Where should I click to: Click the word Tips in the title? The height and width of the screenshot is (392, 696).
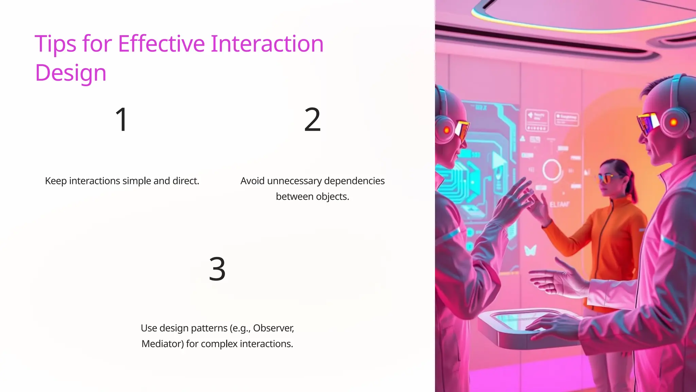point(55,44)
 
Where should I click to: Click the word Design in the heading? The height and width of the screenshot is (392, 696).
point(71,73)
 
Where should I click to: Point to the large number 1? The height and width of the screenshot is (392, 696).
point(121,119)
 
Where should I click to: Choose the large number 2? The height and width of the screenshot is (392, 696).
point(312,119)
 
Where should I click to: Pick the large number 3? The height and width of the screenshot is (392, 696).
point(217,269)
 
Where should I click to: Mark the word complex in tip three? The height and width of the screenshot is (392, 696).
point(219,344)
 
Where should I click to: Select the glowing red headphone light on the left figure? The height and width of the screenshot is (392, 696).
point(447,130)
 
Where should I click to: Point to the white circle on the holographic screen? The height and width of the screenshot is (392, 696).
point(552,169)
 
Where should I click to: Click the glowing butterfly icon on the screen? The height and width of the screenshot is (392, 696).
point(530,250)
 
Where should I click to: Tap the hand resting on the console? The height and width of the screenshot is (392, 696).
point(551,323)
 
